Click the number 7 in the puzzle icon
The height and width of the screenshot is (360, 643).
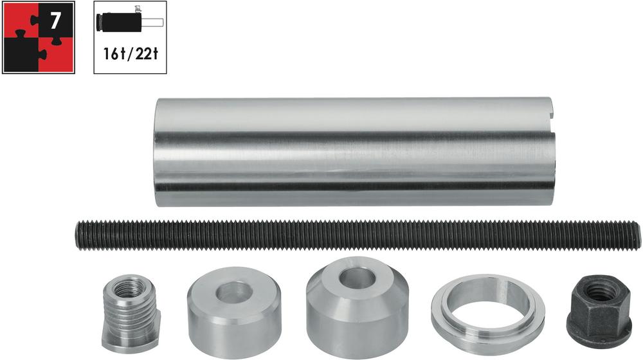pyautogui.click(x=55, y=21)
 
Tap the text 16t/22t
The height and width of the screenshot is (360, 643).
pyautogui.click(x=131, y=53)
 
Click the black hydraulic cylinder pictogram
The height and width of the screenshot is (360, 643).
pyautogui.click(x=118, y=21)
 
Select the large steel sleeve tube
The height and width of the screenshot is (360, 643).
pyautogui.click(x=355, y=152)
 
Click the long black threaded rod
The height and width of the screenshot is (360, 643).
pyautogui.click(x=358, y=234)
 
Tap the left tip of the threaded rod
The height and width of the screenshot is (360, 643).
pyautogui.click(x=76, y=234)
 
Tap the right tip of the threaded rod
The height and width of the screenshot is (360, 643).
pyautogui.click(x=639, y=235)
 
